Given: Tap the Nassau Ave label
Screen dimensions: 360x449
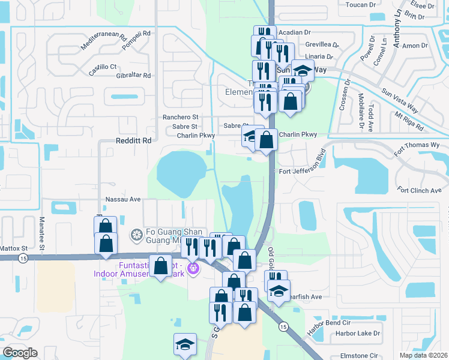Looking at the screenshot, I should tap(122, 199).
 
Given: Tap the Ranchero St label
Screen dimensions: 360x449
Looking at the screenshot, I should tap(181, 118).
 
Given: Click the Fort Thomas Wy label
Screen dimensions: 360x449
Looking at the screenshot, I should tap(417, 145).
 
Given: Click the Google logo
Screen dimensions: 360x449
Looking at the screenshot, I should tap(20, 353).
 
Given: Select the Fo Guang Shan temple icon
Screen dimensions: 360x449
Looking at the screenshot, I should tap(137, 233).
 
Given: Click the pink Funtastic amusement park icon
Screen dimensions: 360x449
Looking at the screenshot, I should tap(193, 267).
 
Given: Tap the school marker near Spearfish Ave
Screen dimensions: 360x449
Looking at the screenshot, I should tap(279, 291).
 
